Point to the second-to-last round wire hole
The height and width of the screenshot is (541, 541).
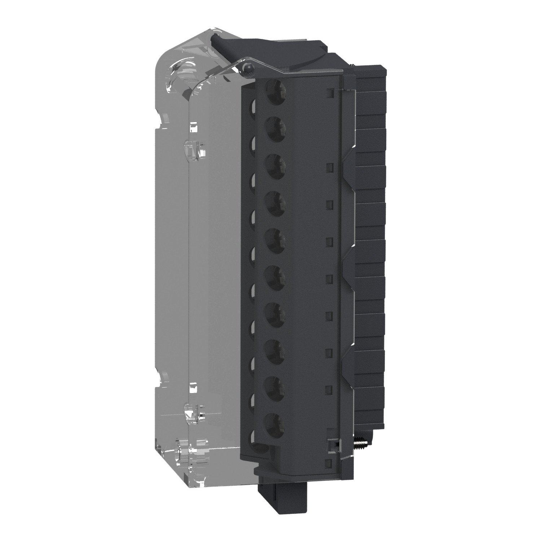point(276,387)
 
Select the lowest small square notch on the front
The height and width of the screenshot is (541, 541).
point(329,463)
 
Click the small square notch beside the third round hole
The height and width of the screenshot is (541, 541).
point(329,167)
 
